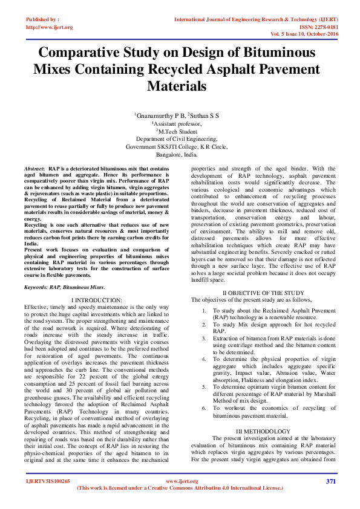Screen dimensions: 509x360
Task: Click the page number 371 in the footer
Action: (330, 481)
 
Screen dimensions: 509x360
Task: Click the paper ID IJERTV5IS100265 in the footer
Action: (48, 481)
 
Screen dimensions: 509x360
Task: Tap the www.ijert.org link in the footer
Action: (182, 481)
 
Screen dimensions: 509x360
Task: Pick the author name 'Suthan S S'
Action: (206, 114)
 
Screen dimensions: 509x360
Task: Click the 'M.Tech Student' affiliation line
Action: (180, 130)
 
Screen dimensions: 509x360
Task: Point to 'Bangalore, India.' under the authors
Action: (180, 154)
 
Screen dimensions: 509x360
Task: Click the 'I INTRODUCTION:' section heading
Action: (96, 300)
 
